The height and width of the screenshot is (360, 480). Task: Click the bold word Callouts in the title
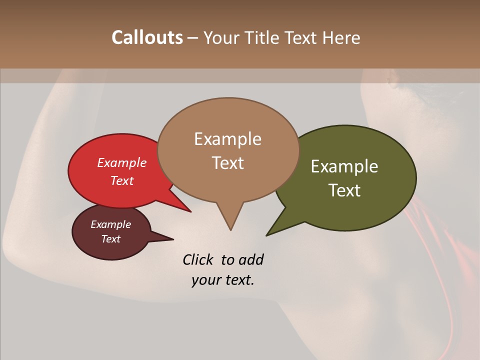(x=147, y=37)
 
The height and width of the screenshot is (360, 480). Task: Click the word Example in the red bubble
(x=122, y=162)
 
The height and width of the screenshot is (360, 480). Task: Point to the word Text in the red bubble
(x=122, y=180)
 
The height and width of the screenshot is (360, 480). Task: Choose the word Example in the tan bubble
(x=227, y=139)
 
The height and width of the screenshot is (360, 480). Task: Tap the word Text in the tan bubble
(x=227, y=162)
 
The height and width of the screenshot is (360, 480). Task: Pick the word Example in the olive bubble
(x=344, y=166)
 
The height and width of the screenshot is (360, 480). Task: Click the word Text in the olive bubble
(x=344, y=190)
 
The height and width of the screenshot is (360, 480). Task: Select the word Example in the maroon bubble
(x=111, y=224)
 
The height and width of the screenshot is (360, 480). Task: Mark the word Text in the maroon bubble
(x=111, y=239)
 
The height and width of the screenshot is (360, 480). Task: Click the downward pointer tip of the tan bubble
(x=230, y=229)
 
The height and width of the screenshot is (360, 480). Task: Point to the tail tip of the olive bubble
(x=267, y=234)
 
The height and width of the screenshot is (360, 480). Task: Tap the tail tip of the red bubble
(x=190, y=211)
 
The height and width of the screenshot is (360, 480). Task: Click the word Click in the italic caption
(x=198, y=259)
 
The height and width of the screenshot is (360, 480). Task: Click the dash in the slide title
(x=193, y=38)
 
